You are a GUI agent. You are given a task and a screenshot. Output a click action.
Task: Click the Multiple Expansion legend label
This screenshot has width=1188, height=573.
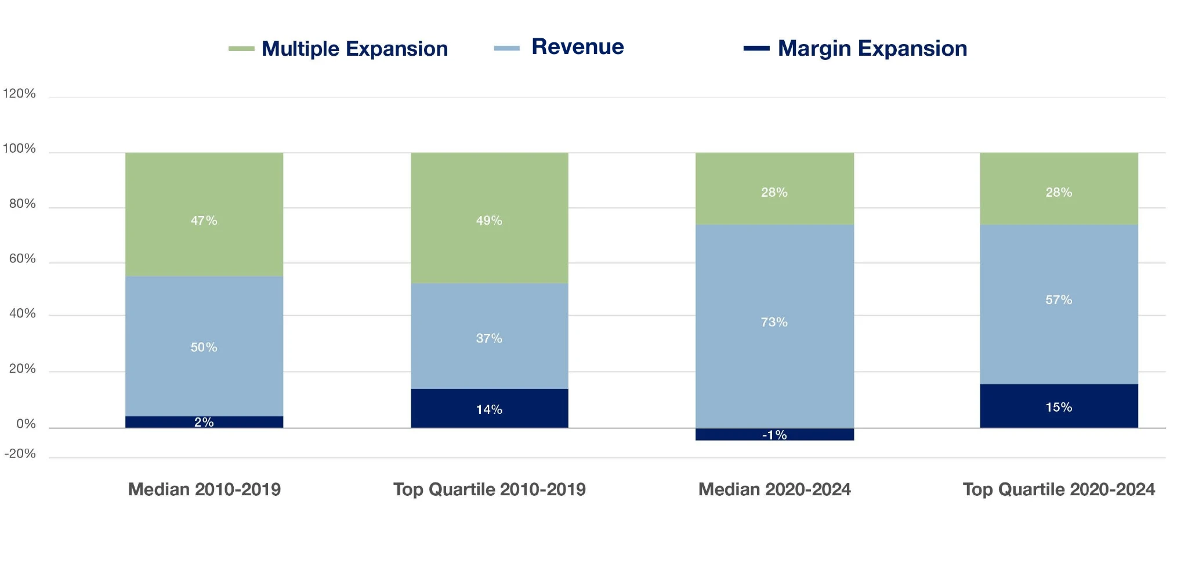coord(354,49)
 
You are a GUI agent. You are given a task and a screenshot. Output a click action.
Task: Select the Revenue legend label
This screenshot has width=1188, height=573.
coord(577,47)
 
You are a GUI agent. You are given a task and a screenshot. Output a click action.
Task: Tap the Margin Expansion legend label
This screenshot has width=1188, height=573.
coord(872,49)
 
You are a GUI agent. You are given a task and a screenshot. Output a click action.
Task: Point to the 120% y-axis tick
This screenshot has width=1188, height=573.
coord(19,93)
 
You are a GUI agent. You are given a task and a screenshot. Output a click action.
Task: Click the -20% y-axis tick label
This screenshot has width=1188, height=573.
coord(20,454)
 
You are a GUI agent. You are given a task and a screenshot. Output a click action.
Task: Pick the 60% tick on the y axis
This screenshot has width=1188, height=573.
coord(22,259)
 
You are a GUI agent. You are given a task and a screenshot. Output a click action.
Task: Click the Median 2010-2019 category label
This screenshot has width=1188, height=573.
coord(204,489)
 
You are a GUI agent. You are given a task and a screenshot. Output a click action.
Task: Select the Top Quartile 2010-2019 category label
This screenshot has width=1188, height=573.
coord(489,489)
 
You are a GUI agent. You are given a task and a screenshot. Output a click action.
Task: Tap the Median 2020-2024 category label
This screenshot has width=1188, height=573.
coord(774,489)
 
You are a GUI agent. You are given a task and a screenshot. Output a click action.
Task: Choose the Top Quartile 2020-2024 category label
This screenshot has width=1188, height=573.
coord(1059,489)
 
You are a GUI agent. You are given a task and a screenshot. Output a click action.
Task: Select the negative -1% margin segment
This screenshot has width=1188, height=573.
coord(774,435)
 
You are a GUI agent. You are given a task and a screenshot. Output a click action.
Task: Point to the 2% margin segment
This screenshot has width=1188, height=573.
coord(204,422)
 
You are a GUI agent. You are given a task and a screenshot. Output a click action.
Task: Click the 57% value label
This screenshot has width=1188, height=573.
coord(1059,300)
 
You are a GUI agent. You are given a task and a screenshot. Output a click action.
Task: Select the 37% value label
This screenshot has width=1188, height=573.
coord(489,338)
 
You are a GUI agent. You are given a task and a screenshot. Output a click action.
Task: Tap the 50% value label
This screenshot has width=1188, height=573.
coord(204,347)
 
